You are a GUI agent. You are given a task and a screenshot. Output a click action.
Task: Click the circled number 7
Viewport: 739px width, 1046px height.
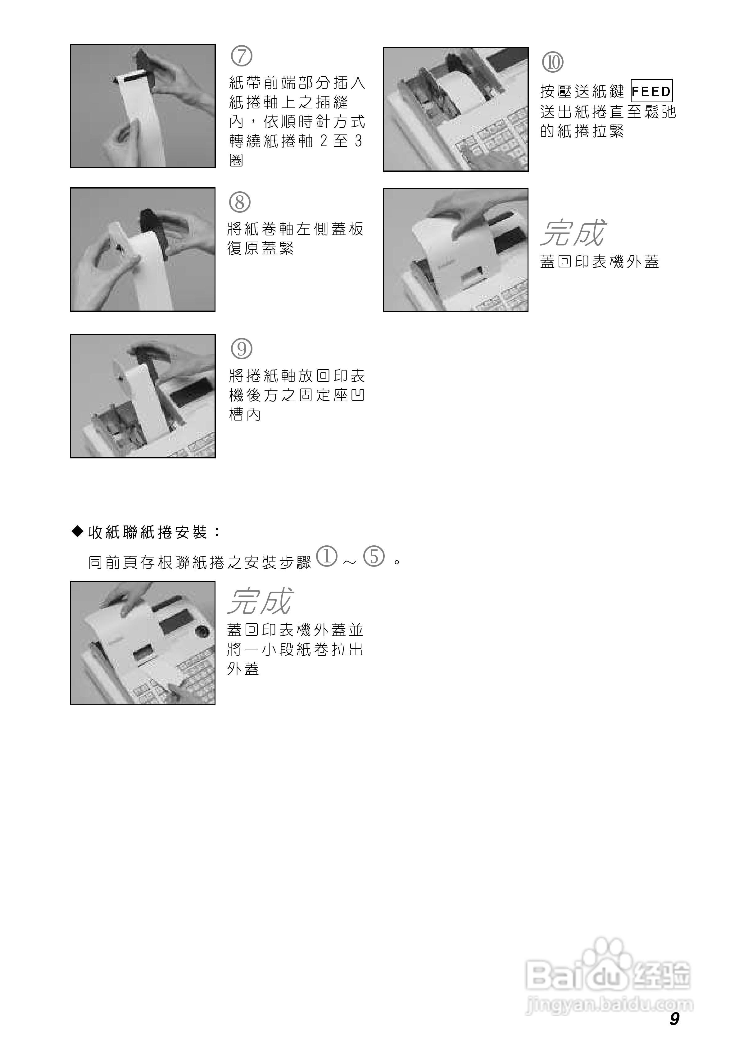pyautogui.click(x=242, y=56)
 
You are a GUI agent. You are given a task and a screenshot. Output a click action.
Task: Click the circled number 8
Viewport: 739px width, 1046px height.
pyautogui.click(x=240, y=202)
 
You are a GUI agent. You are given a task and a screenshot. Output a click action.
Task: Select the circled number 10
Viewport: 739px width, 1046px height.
pyautogui.click(x=552, y=62)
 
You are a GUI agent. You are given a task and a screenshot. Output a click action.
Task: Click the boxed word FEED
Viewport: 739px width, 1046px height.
pyautogui.click(x=651, y=92)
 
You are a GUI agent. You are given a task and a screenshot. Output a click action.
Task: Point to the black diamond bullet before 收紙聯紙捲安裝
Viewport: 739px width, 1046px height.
pyautogui.click(x=78, y=531)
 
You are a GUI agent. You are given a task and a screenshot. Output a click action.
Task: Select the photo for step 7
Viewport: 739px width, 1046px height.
pyautogui.click(x=143, y=106)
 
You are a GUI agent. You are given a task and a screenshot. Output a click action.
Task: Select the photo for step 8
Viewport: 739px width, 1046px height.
pyautogui.click(x=143, y=249)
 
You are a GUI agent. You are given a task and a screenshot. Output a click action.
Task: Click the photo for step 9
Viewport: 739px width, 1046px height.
pyautogui.click(x=143, y=396)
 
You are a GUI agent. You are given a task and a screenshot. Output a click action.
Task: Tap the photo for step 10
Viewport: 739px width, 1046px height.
pyautogui.click(x=455, y=109)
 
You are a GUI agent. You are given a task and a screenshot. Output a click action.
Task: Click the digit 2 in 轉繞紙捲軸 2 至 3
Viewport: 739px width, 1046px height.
pyautogui.click(x=324, y=141)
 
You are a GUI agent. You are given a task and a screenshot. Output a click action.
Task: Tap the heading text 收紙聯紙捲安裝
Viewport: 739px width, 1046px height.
pyautogui.click(x=148, y=532)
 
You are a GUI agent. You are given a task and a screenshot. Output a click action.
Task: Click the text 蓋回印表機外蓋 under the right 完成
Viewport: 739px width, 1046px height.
pyautogui.click(x=599, y=262)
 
